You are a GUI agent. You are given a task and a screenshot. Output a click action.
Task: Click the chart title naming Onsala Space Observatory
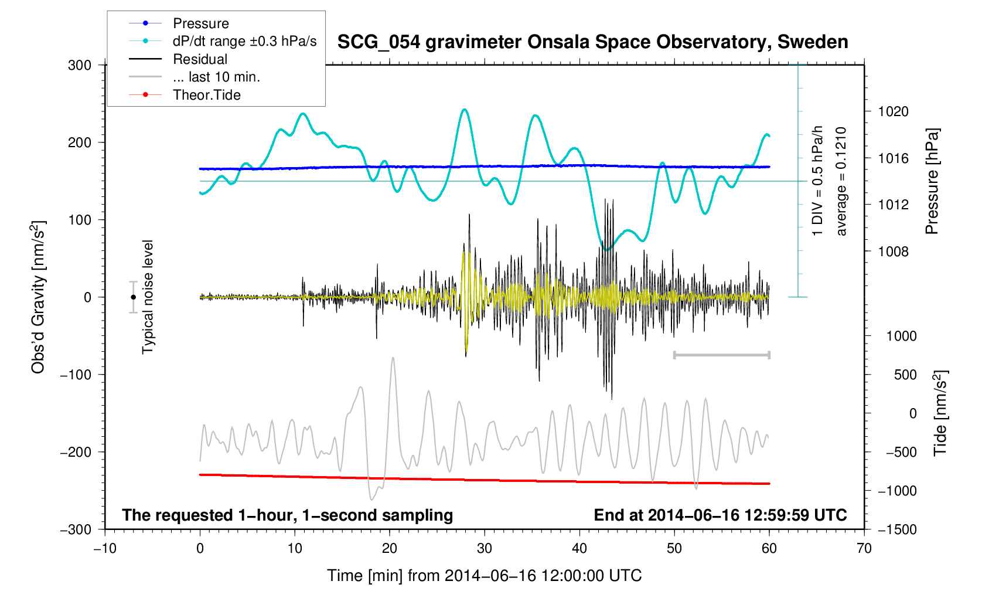pos(592,42)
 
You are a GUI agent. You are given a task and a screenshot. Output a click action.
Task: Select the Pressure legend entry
pos(200,23)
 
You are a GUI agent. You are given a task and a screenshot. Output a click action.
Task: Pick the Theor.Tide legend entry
pos(206,95)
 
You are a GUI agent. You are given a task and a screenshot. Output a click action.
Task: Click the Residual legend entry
pos(200,59)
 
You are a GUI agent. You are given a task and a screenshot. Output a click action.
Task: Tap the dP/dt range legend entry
pos(244,41)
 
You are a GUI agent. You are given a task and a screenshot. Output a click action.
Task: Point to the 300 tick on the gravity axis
pos(80,65)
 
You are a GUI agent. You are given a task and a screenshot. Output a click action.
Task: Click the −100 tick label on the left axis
pos(76,375)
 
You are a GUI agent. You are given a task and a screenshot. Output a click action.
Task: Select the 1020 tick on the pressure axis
pos(893,111)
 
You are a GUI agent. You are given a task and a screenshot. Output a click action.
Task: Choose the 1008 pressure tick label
pos(893,252)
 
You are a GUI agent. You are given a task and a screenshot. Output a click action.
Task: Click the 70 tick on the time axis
pos(864,549)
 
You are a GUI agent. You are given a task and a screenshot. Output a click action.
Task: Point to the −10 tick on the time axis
pos(105,549)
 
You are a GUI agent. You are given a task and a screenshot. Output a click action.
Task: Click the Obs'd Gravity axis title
pos(38,297)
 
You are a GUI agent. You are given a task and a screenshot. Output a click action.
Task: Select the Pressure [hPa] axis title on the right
pos(932,181)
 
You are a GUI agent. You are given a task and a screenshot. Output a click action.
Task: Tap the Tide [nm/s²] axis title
pos(941,413)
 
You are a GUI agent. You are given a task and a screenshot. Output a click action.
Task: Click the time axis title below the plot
pos(484,576)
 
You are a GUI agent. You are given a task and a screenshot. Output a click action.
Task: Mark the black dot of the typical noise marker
pos(134,297)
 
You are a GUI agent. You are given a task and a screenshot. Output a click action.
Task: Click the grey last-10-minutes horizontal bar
pos(722,355)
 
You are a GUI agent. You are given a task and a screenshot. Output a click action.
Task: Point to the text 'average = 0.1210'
pos(841,181)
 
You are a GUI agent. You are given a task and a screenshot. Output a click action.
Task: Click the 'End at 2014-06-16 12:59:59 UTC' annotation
pos(720,515)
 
